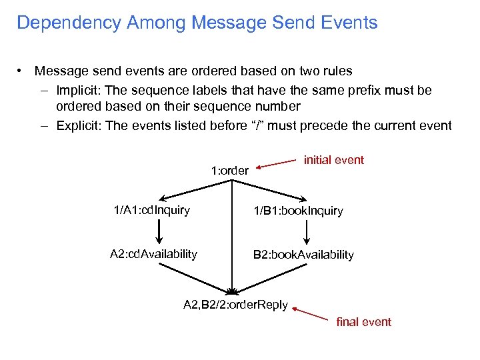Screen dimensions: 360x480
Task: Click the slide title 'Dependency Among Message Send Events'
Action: tap(197, 23)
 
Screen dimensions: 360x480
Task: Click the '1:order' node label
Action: tap(229, 171)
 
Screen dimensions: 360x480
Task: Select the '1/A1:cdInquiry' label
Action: tap(151, 211)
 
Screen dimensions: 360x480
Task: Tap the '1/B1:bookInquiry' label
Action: tap(297, 211)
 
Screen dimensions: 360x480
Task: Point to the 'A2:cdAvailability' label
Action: tap(153, 254)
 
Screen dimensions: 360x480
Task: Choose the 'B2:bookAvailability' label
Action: tap(303, 255)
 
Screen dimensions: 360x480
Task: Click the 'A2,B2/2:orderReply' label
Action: tap(235, 305)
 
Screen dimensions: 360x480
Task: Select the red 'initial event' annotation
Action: tap(333, 160)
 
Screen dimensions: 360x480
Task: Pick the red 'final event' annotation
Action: tap(363, 322)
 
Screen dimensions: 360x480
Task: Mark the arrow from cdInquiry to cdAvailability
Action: tap(159, 233)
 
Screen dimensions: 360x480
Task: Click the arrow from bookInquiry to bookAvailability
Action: tap(307, 233)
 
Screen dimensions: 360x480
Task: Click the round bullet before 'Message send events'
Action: tap(22, 71)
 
